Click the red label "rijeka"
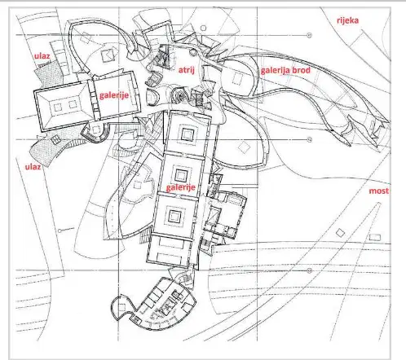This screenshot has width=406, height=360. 347,20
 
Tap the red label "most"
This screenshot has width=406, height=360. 379,191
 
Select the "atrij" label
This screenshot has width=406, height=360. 187,70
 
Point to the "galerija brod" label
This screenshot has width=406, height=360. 285,71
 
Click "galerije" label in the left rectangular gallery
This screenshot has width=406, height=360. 114,95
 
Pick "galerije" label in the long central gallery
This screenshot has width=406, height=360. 181,187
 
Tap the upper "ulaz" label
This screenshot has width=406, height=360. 42,56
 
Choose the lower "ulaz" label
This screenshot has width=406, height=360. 33,167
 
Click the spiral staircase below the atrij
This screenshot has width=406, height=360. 179,95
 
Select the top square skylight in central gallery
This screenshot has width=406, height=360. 188,134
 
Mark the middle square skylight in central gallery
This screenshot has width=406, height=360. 180,175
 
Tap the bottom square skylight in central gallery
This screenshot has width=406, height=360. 174,216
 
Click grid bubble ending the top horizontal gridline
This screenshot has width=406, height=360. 309,35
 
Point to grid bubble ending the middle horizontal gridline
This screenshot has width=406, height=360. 309,140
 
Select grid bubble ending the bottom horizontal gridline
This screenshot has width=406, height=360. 309,270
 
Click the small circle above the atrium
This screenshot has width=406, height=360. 203,28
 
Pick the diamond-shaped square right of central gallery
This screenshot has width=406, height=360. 244,147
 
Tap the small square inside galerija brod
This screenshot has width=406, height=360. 237,78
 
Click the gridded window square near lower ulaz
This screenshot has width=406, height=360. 55,139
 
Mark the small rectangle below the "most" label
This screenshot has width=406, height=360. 375,237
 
